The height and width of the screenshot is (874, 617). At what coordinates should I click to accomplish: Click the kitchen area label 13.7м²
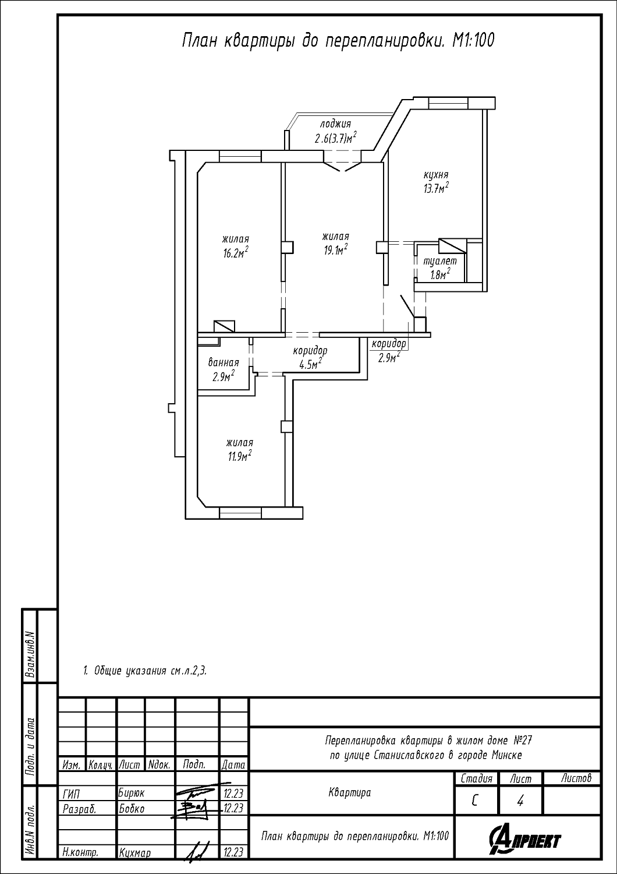pos(436,188)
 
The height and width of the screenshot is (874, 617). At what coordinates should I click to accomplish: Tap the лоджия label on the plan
pos(335,124)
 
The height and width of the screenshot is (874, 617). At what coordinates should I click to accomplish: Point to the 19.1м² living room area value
pos(336,250)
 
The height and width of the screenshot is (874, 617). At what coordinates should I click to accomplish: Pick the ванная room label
pos(224,362)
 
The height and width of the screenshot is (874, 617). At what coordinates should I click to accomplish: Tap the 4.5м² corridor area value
pos(310,364)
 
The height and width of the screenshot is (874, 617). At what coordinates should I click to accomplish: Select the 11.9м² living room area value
pos(239,456)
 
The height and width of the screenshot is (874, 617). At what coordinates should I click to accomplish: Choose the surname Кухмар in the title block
pos(135,864)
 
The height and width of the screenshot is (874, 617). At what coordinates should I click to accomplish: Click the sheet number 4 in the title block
pos(520,801)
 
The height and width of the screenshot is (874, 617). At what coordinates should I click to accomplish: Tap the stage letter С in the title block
pos(475,801)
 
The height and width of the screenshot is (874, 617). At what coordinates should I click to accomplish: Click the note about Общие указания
pos(144,671)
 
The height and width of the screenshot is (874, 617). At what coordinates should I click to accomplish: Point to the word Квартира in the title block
pos(350,792)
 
